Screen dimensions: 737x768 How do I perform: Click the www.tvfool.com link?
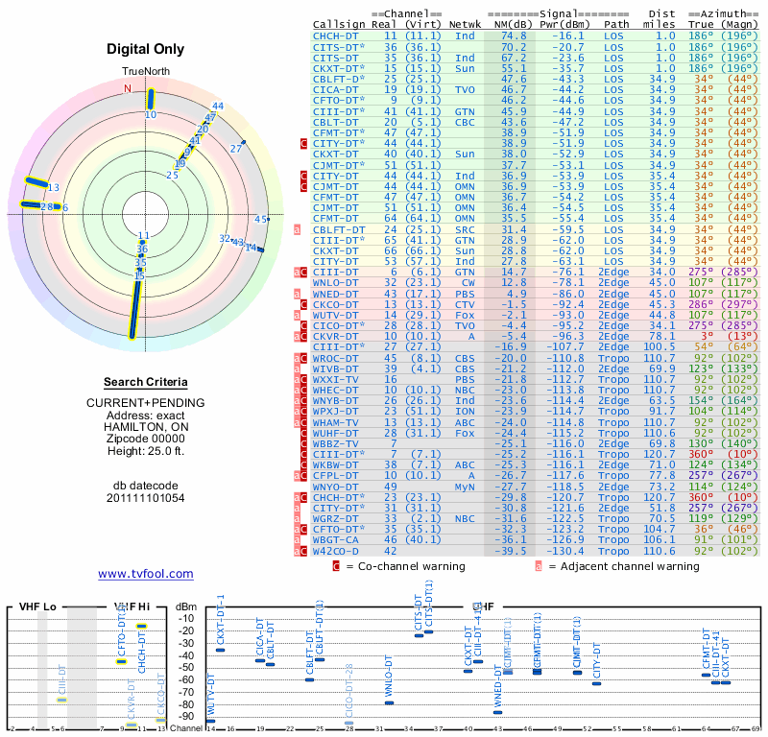tap(145, 574)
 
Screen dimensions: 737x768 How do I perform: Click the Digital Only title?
tap(145, 50)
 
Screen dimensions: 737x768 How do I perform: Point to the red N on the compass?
tap(127, 88)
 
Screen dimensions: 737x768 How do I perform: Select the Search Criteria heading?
tap(145, 382)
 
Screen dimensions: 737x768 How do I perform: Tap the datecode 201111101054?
tap(145, 498)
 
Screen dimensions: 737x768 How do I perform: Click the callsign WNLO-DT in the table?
tap(335, 283)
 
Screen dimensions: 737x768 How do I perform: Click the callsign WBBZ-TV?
tap(335, 444)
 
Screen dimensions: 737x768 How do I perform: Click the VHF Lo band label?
tap(37, 607)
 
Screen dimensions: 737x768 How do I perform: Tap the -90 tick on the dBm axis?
tap(183, 716)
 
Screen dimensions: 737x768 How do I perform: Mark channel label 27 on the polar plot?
tap(236, 149)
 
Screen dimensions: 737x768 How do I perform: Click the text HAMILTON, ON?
tap(145, 427)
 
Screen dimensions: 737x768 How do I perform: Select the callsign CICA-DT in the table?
tap(335, 89)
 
